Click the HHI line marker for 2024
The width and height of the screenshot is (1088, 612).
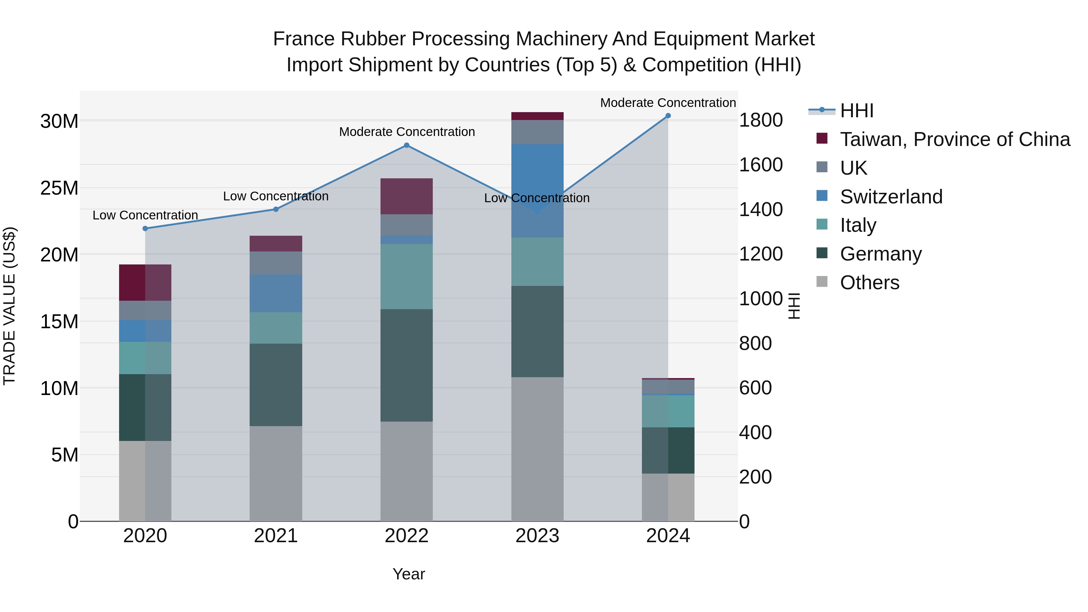668,116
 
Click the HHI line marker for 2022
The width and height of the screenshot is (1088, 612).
406,145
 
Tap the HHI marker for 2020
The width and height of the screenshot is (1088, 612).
145,228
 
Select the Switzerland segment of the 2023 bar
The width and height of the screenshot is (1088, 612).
537,190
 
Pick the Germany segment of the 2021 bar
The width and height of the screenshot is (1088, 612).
276,384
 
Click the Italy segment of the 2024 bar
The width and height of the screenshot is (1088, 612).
668,411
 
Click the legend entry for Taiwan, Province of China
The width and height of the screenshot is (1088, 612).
954,139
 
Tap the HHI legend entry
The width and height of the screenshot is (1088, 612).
856,111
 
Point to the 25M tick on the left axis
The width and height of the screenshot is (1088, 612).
59,188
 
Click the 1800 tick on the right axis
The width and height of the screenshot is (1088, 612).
761,120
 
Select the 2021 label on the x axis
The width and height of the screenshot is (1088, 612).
276,536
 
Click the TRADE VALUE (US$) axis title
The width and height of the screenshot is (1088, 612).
9,306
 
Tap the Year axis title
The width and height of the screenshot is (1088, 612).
408,574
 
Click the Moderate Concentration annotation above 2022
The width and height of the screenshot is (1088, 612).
407,132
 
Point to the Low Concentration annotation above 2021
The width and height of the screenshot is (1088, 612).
276,196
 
